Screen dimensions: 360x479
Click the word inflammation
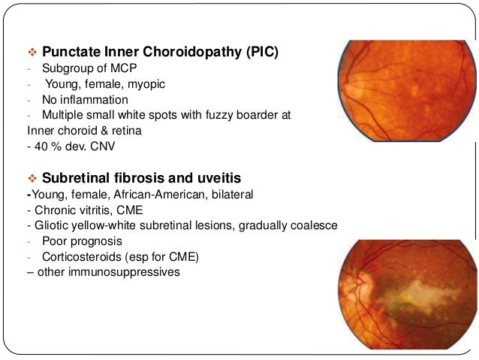coord(95,100)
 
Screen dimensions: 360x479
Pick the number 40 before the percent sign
coord(39,147)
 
